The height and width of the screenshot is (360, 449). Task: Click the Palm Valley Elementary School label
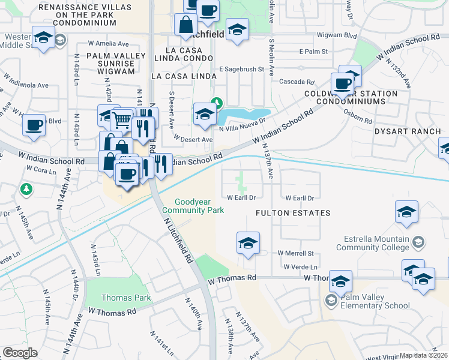(x=375, y=301)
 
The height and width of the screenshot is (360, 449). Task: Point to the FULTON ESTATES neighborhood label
(x=293, y=213)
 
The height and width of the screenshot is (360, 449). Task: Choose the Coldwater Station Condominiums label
(x=351, y=98)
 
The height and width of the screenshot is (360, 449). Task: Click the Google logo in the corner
(x=20, y=353)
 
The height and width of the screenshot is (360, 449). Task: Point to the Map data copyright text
(x=424, y=355)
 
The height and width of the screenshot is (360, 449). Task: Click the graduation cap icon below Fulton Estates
(x=248, y=243)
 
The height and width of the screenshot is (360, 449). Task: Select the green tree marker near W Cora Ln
(x=25, y=190)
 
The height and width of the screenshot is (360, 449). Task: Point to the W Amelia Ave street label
(x=108, y=44)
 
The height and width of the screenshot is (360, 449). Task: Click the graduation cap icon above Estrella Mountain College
(x=406, y=212)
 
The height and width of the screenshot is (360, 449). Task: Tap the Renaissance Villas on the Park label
(x=77, y=15)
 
